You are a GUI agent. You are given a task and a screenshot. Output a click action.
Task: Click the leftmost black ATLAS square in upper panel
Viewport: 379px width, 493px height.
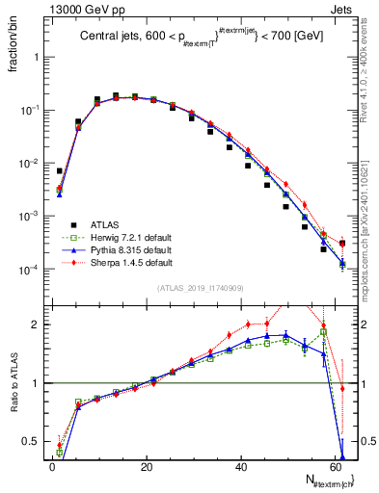(60, 170)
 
